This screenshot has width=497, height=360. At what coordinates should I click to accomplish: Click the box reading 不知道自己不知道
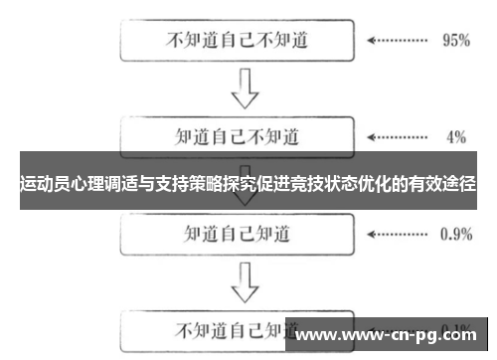(x=238, y=42)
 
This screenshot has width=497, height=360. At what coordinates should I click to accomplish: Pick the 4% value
(x=456, y=134)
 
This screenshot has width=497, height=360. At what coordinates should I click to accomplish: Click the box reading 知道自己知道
(x=238, y=235)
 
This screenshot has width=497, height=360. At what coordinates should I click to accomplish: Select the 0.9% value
(x=455, y=235)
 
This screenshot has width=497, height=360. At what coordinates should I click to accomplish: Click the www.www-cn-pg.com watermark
(x=390, y=335)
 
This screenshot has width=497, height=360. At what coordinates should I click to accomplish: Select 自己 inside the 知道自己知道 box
(x=237, y=235)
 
